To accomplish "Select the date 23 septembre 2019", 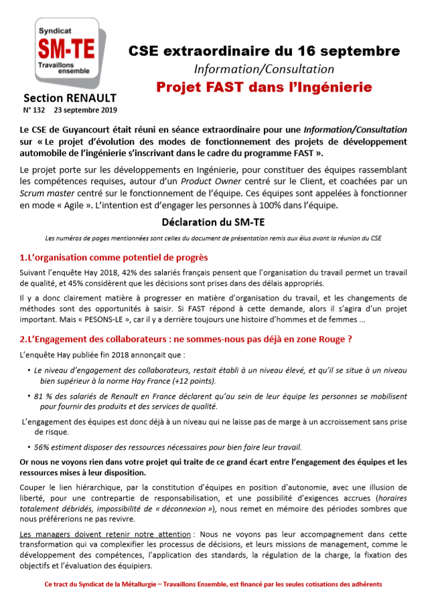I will pos(86,109).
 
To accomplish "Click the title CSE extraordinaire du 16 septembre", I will pos(264,51).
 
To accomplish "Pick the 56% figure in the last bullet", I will pos(43,447).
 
